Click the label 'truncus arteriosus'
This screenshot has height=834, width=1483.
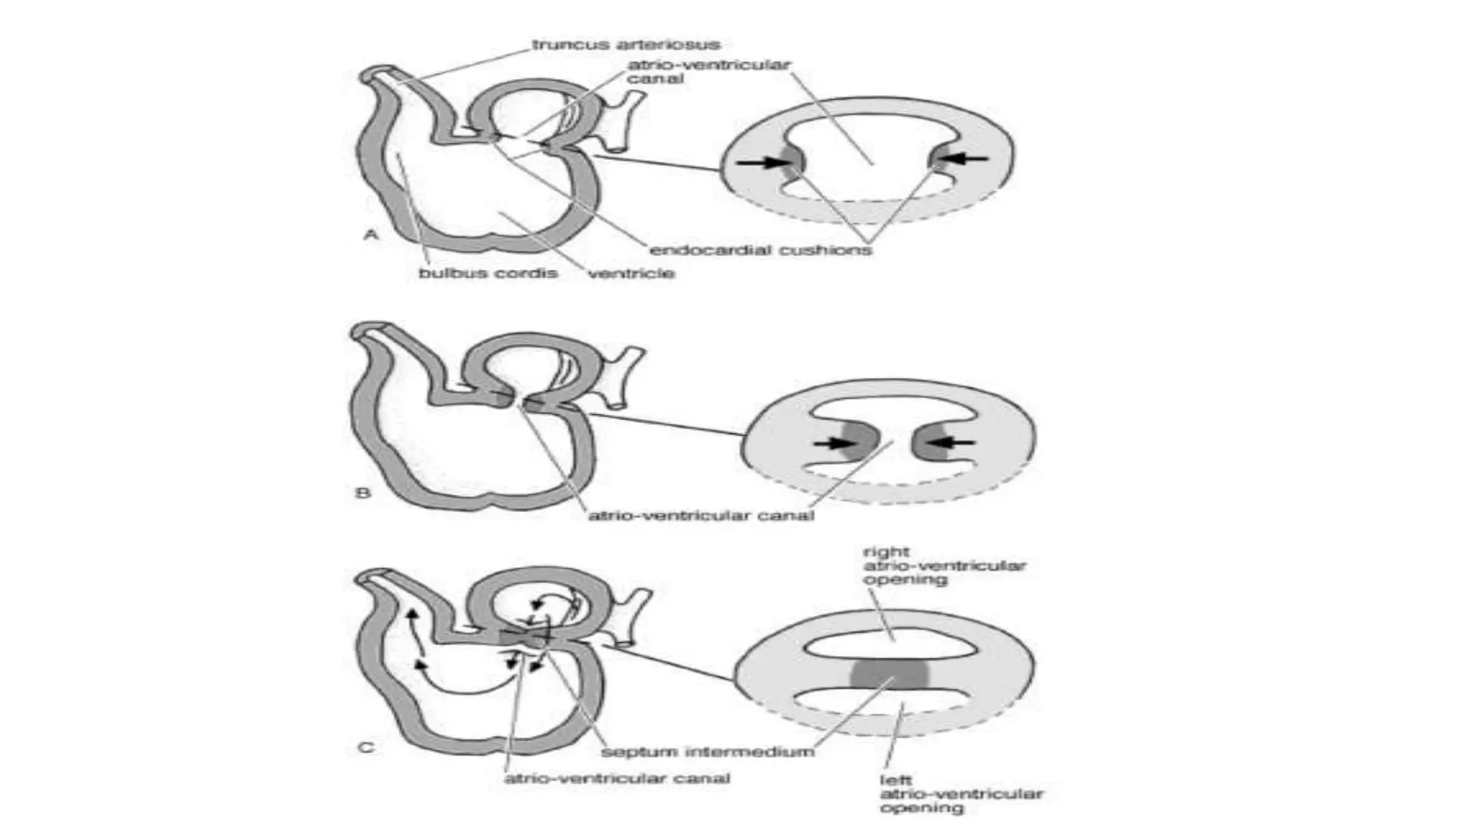pyautogui.click(x=626, y=45)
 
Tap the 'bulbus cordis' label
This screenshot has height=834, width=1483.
pyautogui.click(x=488, y=273)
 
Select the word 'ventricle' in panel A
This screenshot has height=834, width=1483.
pyautogui.click(x=631, y=273)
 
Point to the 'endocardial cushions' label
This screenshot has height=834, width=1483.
pyautogui.click(x=760, y=250)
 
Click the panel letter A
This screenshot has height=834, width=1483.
pyautogui.click(x=370, y=235)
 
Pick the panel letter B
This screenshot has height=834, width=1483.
pyautogui.click(x=363, y=493)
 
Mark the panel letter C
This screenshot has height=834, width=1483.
pyautogui.click(x=366, y=747)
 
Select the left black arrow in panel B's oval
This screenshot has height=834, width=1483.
pyautogui.click(x=831, y=443)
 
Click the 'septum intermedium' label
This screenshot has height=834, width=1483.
pyautogui.click(x=707, y=751)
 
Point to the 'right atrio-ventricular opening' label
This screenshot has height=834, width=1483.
pyautogui.click(x=944, y=565)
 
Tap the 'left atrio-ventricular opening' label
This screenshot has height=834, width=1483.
pyautogui.click(x=961, y=793)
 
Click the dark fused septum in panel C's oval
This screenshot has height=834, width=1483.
pyautogui.click(x=890, y=673)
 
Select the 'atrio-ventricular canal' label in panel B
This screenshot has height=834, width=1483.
pyautogui.click(x=701, y=515)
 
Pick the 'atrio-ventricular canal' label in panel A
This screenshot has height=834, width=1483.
pyautogui.click(x=708, y=71)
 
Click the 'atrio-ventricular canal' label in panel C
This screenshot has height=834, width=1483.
pyautogui.click(x=617, y=778)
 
